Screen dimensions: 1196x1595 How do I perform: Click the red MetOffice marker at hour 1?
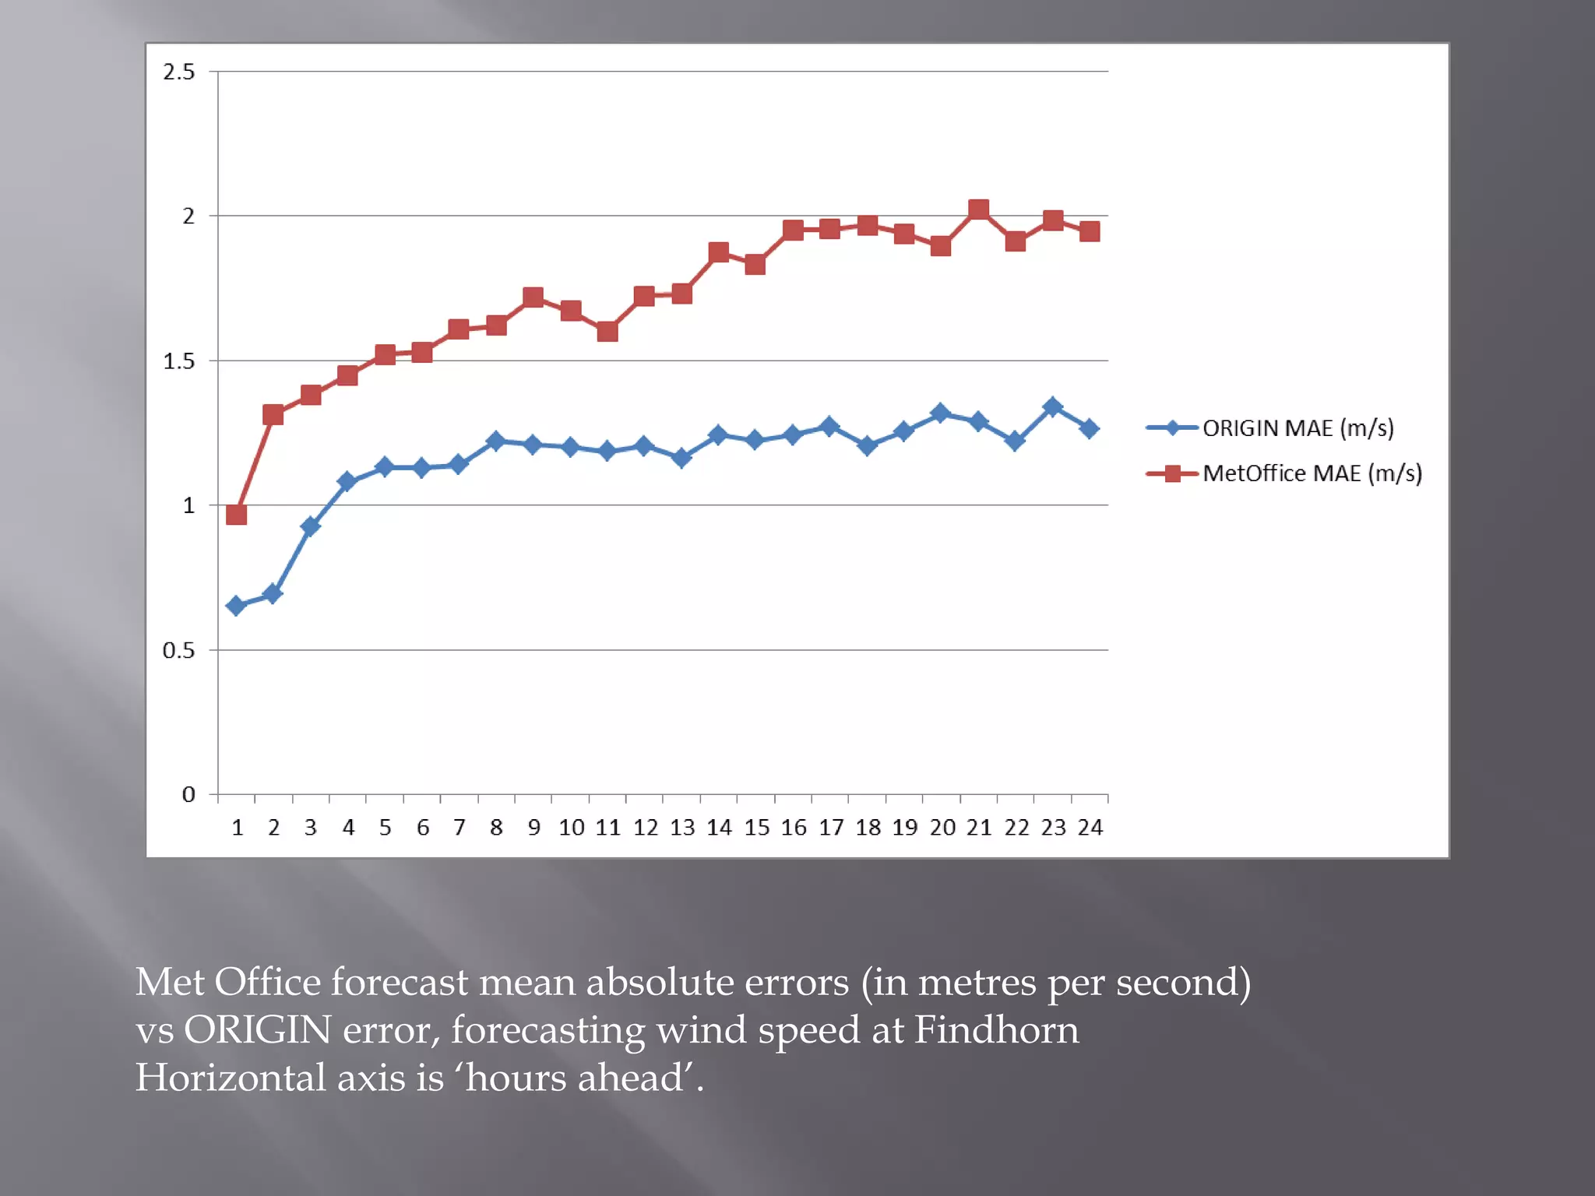[236, 515]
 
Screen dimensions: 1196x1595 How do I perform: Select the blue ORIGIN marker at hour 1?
[236, 605]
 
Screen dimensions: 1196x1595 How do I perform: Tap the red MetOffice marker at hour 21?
[978, 209]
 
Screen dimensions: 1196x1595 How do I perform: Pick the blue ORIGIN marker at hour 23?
[1052, 406]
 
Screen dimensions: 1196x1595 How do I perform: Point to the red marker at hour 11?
[607, 332]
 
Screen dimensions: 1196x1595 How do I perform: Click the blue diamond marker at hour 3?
[310, 526]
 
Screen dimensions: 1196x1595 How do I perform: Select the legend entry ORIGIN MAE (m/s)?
[1297, 427]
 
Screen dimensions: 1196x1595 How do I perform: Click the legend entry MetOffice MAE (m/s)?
[1312, 473]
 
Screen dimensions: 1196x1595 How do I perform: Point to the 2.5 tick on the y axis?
[178, 72]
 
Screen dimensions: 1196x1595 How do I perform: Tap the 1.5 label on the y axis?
[178, 361]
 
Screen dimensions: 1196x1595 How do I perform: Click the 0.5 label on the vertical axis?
[178, 650]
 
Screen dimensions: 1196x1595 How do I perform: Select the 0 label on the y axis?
[188, 795]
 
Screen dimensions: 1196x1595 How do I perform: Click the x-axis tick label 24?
[1090, 828]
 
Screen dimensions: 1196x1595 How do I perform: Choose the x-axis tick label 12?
[645, 828]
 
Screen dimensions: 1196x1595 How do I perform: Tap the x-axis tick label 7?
[459, 828]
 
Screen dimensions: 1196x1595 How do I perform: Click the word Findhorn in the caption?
[996, 1030]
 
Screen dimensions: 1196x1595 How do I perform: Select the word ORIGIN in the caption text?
[257, 1030]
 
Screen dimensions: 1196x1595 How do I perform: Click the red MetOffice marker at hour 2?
[273, 414]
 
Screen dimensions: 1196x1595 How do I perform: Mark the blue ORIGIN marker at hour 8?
[495, 441]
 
